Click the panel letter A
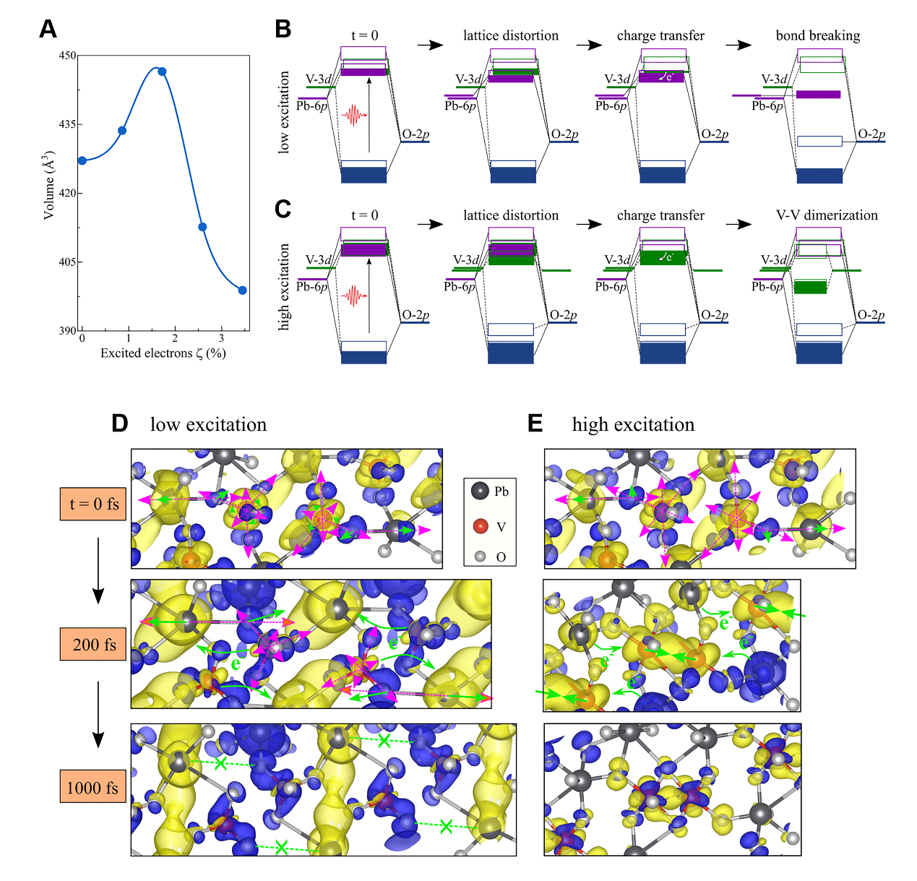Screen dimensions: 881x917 pos(48,29)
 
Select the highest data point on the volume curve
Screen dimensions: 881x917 pos(162,72)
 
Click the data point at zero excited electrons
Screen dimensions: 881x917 pos(82,160)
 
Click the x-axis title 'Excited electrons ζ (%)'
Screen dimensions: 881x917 pos(163,353)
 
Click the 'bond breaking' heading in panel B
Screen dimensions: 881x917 pos(818,35)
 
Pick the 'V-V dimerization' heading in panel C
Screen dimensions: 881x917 pos(827,215)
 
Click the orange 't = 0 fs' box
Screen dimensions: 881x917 pos(93,504)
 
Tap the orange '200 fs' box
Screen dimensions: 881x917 pos(93,644)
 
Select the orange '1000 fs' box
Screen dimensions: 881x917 pos(93,787)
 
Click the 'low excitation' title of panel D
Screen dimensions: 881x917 pos(208,424)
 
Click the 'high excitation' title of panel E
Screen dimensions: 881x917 pos(633,424)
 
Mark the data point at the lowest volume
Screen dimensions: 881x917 pos(243,291)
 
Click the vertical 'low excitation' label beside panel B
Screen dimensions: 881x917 pos(284,112)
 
